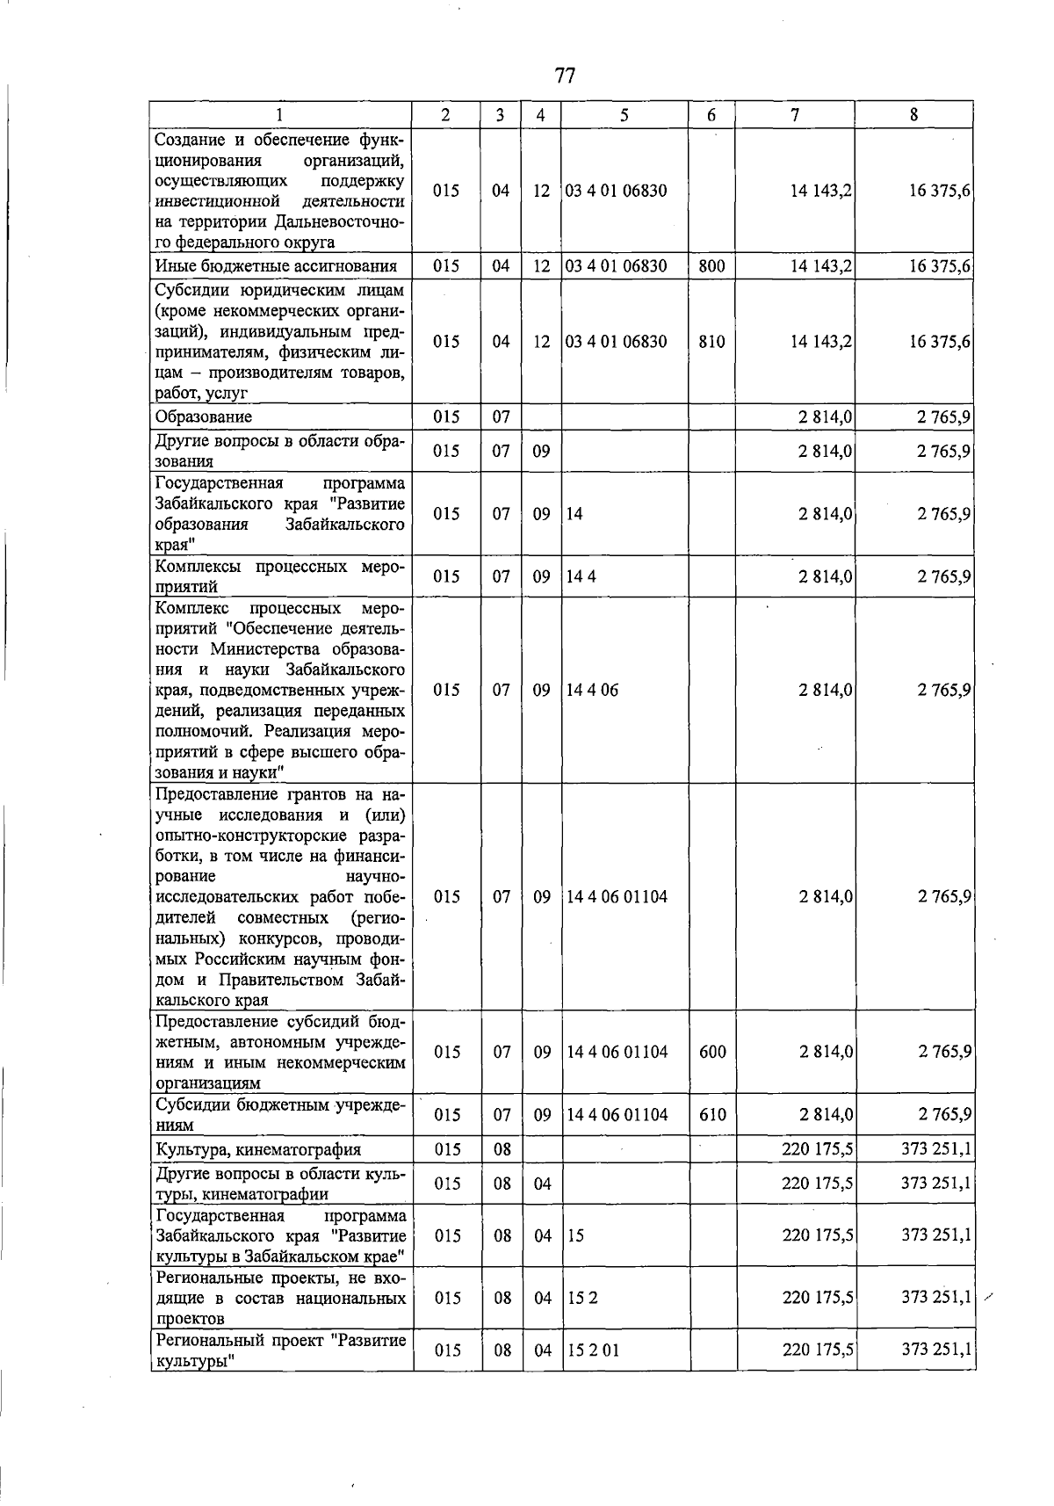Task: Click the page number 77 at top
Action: pos(565,76)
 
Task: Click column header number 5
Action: pos(624,114)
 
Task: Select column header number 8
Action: pos(914,114)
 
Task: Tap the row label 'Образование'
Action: pos(204,416)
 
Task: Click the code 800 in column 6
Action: pos(711,265)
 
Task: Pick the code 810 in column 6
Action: pos(711,342)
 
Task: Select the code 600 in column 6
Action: pos(712,1052)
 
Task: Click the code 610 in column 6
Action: pos(712,1115)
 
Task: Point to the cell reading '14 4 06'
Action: pos(593,690)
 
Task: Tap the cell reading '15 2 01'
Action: pos(593,1350)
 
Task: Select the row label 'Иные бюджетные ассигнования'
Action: pos(276,265)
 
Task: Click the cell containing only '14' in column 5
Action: pos(574,514)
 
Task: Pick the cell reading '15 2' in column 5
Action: pos(582,1297)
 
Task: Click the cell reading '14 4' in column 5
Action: pos(581,576)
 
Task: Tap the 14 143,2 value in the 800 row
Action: pos(821,265)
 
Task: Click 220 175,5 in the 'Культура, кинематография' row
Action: pos(817,1148)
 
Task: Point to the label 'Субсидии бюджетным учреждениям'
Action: pos(279,1114)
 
